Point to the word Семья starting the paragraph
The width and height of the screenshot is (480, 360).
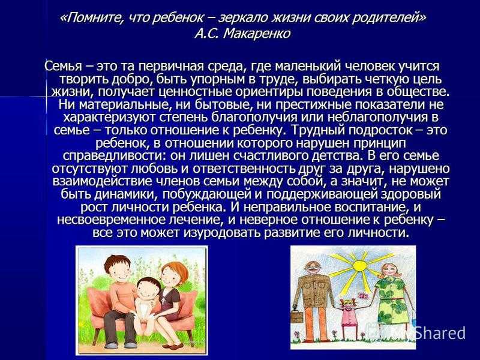pyautogui.click(x=63, y=66)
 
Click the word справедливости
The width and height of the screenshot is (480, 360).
pyautogui.click(x=114, y=156)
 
